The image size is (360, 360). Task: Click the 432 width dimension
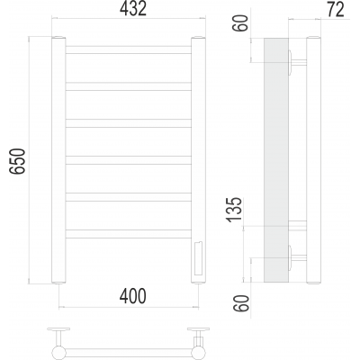click(133, 9)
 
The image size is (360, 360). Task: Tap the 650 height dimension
click(17, 161)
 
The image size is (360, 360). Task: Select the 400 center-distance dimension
click(133, 296)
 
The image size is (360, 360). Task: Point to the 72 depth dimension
click(336, 10)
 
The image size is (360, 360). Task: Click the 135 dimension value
click(235, 210)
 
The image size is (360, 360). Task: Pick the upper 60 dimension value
click(242, 22)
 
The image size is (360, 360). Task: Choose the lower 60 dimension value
click(242, 303)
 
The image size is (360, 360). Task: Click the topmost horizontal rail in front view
click(129, 49)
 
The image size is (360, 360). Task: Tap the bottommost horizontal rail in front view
click(129, 234)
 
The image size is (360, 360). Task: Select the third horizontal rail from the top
click(129, 123)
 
